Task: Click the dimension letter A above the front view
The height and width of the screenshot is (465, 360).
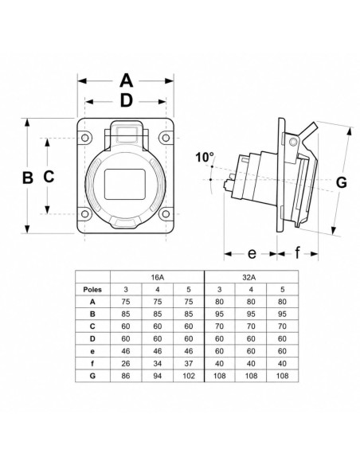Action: (126, 80)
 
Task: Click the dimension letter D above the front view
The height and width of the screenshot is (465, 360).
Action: (127, 101)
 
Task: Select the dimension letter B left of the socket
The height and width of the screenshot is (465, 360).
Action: (28, 178)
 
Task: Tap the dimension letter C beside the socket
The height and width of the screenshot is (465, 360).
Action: (49, 176)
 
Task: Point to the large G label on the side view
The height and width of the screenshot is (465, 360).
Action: (342, 182)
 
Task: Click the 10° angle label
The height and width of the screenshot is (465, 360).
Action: (205, 157)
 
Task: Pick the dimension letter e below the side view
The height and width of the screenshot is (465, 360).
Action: (252, 253)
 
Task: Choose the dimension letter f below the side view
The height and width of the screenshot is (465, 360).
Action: (297, 252)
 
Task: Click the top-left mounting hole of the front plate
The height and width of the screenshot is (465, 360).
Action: (84, 138)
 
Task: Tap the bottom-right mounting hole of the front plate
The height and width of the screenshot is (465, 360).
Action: (166, 214)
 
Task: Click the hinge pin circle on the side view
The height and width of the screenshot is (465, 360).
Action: (294, 142)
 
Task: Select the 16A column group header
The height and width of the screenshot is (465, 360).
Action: (157, 277)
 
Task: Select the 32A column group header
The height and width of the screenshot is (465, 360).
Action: (251, 277)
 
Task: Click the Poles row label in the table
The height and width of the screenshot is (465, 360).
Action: (92, 290)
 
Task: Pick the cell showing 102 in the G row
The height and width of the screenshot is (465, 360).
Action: (189, 376)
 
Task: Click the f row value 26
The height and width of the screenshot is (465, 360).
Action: (126, 364)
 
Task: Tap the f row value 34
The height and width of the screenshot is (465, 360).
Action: (158, 364)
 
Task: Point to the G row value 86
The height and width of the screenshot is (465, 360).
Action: (126, 376)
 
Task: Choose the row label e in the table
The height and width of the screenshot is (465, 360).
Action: (92, 352)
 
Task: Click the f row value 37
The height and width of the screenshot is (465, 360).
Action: (189, 364)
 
